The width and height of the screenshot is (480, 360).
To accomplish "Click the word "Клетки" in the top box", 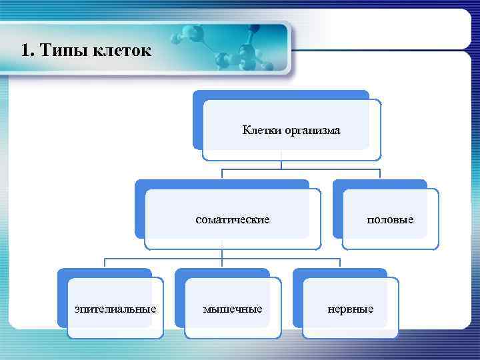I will pyautogui.click(x=262, y=131).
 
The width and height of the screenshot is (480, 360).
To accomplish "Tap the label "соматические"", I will pyautogui.click(x=233, y=219).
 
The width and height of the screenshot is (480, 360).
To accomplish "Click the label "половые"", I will pyautogui.click(x=391, y=219).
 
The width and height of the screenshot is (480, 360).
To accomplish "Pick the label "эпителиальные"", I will pyautogui.click(x=116, y=309).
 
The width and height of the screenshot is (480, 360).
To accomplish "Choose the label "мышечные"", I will pyautogui.click(x=233, y=309).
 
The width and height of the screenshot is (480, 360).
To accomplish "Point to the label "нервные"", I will pyautogui.click(x=351, y=309).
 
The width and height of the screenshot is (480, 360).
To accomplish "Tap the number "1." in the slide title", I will pyautogui.click(x=27, y=51).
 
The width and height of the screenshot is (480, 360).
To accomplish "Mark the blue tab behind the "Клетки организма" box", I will pyautogui.click(x=280, y=95).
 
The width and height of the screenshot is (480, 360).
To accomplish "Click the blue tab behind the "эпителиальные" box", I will pyautogui.click(x=104, y=273).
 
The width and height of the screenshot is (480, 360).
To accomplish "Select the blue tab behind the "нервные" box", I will pyautogui.click(x=340, y=273).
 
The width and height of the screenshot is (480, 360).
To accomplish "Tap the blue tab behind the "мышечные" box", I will pyautogui.click(x=222, y=273).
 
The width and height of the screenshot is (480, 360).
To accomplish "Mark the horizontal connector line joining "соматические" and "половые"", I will pyautogui.click(x=300, y=170).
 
